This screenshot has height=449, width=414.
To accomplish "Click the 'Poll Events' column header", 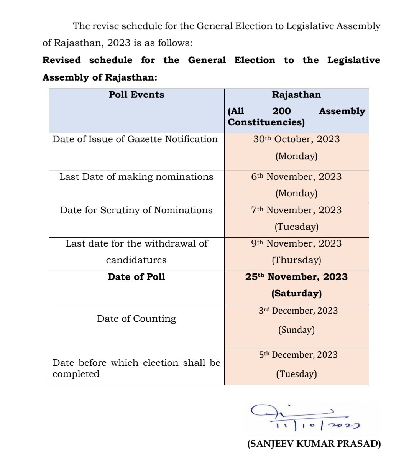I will coord(136,95).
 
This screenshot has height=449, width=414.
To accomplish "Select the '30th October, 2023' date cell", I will coord(296,139).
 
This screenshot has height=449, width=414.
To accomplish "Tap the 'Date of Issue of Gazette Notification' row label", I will coord(135,139).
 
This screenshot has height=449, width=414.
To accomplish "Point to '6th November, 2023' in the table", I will coord(296,177).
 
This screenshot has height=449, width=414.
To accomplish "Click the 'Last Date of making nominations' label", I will coord(136,177).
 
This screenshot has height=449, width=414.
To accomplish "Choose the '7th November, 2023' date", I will coord(296,210).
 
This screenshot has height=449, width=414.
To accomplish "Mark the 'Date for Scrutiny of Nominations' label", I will coord(136,210).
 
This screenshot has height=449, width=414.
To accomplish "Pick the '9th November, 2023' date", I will coord(296,243).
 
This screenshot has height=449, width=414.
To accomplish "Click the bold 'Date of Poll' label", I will coord(136,277).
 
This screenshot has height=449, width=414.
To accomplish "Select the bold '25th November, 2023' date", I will coord(296,277).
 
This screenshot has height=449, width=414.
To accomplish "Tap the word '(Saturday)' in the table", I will coord(296,293).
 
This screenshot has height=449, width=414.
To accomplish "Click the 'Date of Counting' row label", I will coord(136,319).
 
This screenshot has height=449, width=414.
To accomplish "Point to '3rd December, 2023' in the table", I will coord(298,311).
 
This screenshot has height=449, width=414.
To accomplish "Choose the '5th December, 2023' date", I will coord(298,355).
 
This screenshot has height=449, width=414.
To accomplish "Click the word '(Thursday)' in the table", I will coord(296,260).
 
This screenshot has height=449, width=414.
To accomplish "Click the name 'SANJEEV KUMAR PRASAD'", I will coord(314,444).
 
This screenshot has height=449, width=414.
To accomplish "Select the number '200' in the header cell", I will coord(281,111).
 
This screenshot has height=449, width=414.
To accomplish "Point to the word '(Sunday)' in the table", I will coord(296,330).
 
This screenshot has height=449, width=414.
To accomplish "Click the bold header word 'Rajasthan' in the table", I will coord(296,95).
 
